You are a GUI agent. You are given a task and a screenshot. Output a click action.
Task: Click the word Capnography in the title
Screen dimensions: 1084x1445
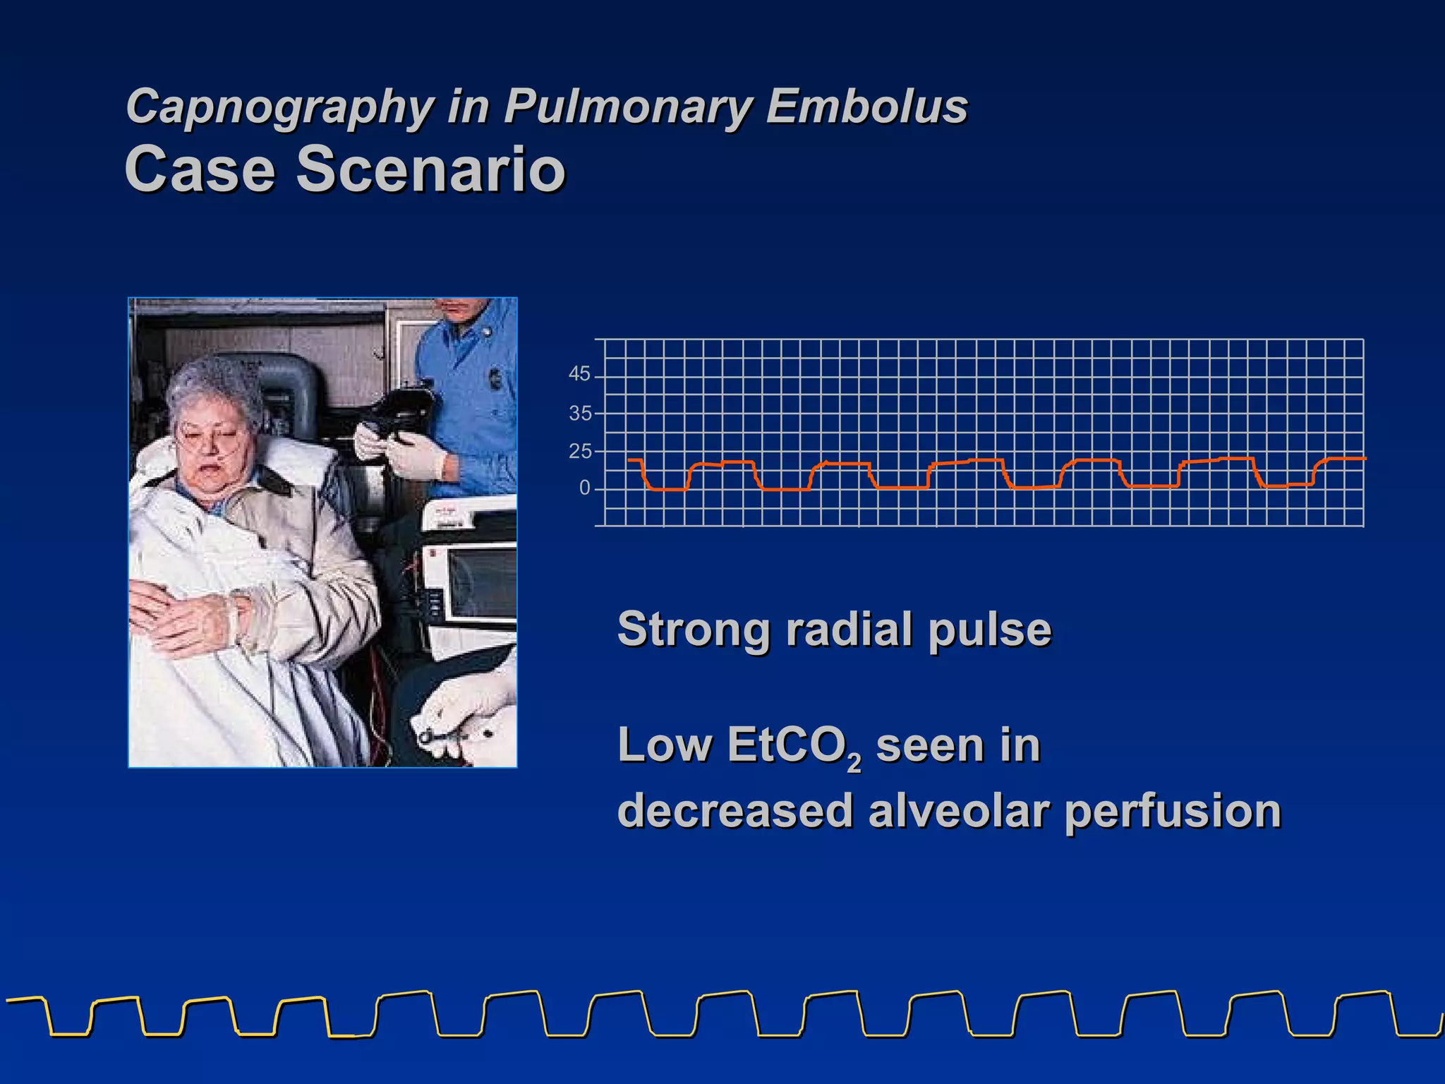pos(279,107)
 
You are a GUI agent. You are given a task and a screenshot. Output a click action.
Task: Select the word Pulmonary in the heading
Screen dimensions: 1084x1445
pos(628,107)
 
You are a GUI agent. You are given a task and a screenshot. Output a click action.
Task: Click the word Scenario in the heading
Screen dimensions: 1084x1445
pos(430,169)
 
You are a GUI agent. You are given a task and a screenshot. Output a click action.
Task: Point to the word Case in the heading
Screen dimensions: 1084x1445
pos(200,169)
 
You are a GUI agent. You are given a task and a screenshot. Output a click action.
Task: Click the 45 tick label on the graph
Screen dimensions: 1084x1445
pos(579,374)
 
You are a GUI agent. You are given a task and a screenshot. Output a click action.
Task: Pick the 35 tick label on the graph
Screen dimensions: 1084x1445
pos(579,413)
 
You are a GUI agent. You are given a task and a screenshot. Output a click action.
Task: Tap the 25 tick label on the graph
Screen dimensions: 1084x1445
pos(579,451)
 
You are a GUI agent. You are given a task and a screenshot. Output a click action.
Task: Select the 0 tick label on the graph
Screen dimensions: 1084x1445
pos(584,488)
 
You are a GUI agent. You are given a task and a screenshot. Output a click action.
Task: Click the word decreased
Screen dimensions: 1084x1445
pos(735,811)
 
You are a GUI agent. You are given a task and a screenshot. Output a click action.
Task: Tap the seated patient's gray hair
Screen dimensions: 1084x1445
pos(212,385)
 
